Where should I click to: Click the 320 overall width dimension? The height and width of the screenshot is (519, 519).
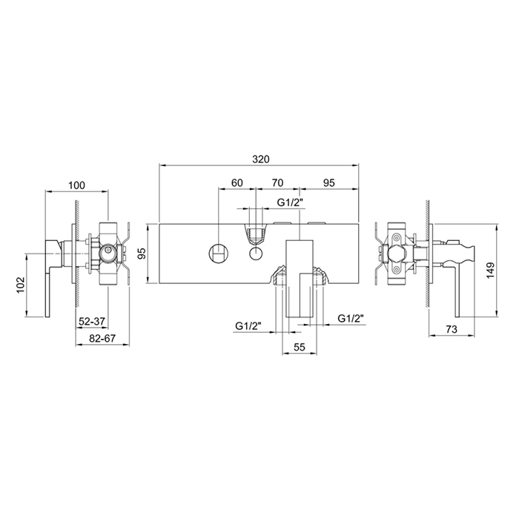click(261, 159)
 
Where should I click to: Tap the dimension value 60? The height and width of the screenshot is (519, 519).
click(237, 182)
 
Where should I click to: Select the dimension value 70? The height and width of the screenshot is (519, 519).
click(277, 182)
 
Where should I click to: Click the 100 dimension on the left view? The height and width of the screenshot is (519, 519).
click(76, 185)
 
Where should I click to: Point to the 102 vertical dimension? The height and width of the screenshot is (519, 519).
click(20, 285)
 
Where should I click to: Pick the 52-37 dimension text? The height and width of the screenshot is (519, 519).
click(92, 321)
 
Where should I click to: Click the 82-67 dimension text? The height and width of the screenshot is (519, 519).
click(102, 339)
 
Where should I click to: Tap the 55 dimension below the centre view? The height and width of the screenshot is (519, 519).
click(299, 347)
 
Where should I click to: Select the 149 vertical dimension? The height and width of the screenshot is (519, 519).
click(490, 271)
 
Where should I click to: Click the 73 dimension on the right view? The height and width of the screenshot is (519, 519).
click(452, 329)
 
